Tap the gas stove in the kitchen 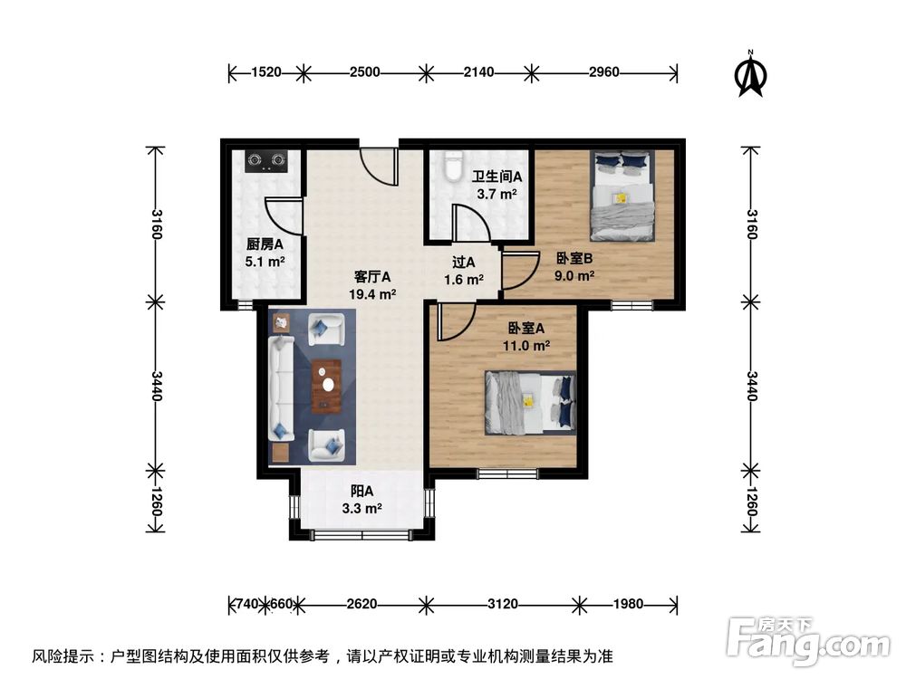pos(267,160)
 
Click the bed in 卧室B pos(622,196)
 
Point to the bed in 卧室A pos(531,402)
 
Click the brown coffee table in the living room pos(325,386)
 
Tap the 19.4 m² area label pos(372,294)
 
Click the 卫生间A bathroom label pos(496,177)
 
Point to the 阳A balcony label pos(362,492)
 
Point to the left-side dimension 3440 pos(156,387)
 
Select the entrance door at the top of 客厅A pos(379,163)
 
